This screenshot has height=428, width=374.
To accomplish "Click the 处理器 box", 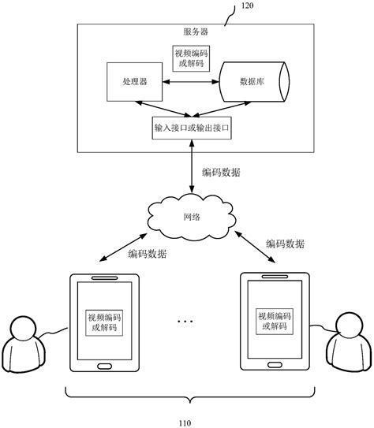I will [x=131, y=83].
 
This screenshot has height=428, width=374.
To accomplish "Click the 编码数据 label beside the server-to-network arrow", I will [x=221, y=173].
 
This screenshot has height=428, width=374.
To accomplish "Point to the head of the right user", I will [x=347, y=325].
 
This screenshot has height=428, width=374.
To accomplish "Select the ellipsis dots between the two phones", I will [x=186, y=322].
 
